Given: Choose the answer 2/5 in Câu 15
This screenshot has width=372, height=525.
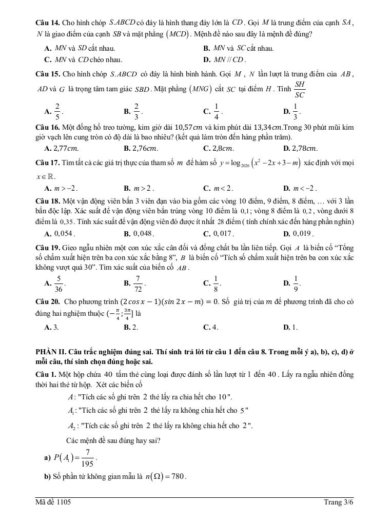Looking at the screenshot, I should pos(57,111).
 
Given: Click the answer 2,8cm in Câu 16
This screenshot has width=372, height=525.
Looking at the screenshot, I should pos(221,149).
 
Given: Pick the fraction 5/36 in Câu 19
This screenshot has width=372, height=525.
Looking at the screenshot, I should pos(59,284).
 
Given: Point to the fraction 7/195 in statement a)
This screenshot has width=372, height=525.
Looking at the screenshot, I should pos(88,457).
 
